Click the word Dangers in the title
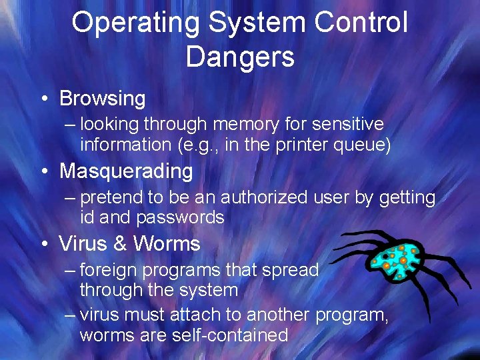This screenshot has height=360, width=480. tap(240, 57)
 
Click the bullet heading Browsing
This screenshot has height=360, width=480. tap(102, 99)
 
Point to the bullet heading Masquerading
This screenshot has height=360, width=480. tap(126, 171)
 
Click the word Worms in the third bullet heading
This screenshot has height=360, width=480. tap(167, 244)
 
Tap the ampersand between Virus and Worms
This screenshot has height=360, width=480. tap(120, 244)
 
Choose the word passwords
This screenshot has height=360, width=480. tap(180, 217)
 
